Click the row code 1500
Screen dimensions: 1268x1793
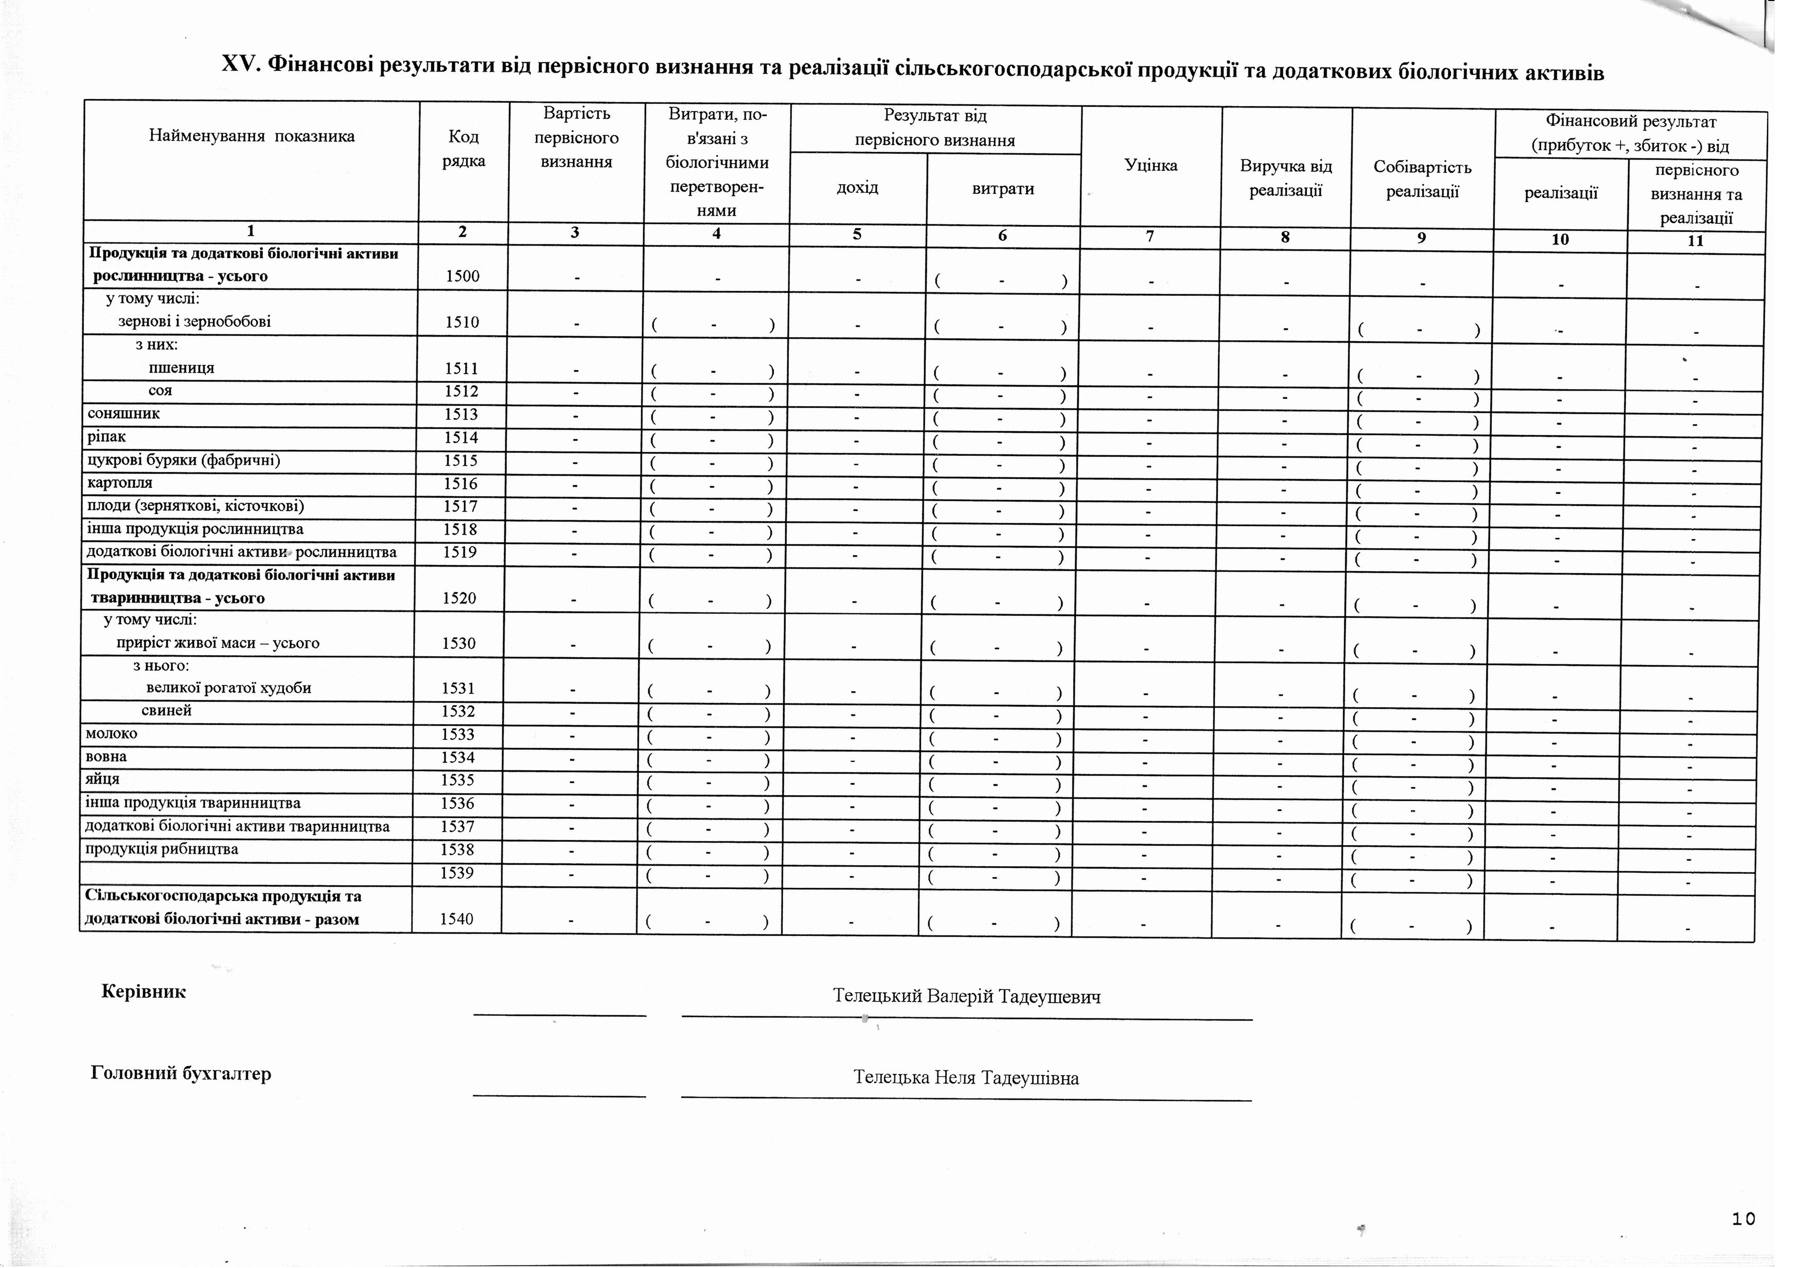click(x=462, y=276)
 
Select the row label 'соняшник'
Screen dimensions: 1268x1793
click(x=124, y=414)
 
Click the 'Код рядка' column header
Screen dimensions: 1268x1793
click(x=464, y=148)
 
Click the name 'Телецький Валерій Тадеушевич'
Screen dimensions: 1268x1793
click(x=967, y=996)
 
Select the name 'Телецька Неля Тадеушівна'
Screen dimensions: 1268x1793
click(x=966, y=1078)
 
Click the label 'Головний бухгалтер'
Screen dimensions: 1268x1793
click(x=181, y=1073)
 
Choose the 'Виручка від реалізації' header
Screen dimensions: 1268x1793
click(x=1286, y=178)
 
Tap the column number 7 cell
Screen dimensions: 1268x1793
click(x=1150, y=235)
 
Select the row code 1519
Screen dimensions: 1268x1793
click(x=461, y=553)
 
